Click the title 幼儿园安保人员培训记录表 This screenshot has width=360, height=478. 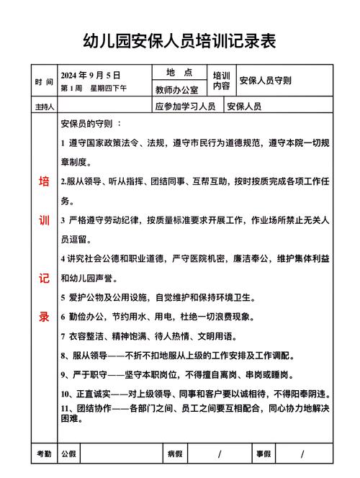[x=180, y=40]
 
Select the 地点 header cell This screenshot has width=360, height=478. [x=179, y=73]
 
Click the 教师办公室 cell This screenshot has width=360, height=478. [x=180, y=90]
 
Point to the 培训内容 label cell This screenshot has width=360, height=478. [x=221, y=81]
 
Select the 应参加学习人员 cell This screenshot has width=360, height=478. [x=185, y=107]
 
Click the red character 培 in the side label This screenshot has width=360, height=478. [x=44, y=182]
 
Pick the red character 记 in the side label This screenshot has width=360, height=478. [x=44, y=277]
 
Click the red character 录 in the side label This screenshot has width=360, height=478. [x=44, y=315]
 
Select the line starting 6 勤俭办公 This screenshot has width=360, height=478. [x=148, y=316]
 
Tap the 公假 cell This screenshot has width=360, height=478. [x=69, y=454]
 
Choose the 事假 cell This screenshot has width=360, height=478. [x=263, y=454]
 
